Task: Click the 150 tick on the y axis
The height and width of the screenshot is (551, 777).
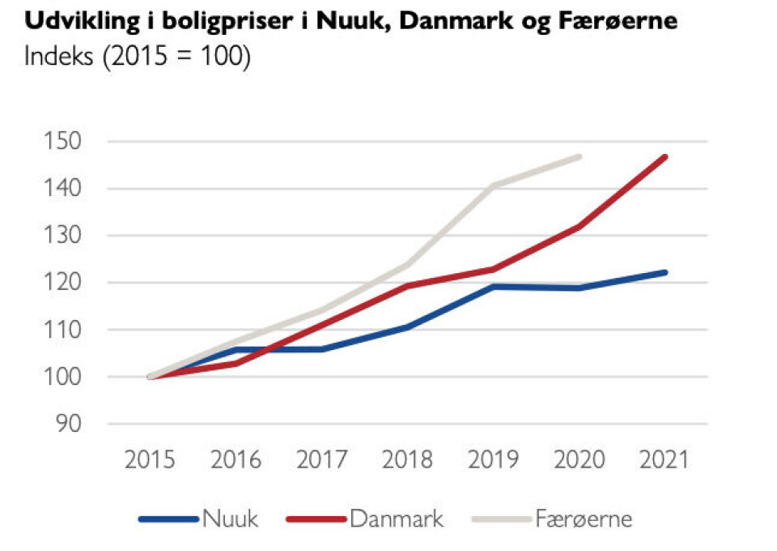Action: [66, 142]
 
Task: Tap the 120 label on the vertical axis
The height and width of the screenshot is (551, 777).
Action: [66, 283]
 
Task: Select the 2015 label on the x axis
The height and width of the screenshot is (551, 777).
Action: [150, 459]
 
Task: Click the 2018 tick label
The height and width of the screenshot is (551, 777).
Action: [407, 459]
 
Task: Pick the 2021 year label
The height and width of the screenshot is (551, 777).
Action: [664, 459]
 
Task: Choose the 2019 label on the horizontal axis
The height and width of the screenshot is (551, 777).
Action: [493, 459]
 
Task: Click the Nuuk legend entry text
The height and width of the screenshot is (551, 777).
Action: [231, 518]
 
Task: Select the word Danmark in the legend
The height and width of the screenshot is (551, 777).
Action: [397, 518]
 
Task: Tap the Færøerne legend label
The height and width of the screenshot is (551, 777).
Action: [584, 518]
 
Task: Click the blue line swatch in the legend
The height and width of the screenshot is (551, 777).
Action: [168, 518]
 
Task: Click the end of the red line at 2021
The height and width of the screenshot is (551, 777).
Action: [664, 156]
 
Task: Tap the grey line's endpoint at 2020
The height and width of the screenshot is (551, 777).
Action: [580, 156]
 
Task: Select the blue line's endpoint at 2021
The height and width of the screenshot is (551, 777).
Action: [664, 272]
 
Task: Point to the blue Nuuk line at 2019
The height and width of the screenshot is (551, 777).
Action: [493, 286]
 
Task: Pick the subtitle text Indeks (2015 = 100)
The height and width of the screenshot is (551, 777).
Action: [138, 58]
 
